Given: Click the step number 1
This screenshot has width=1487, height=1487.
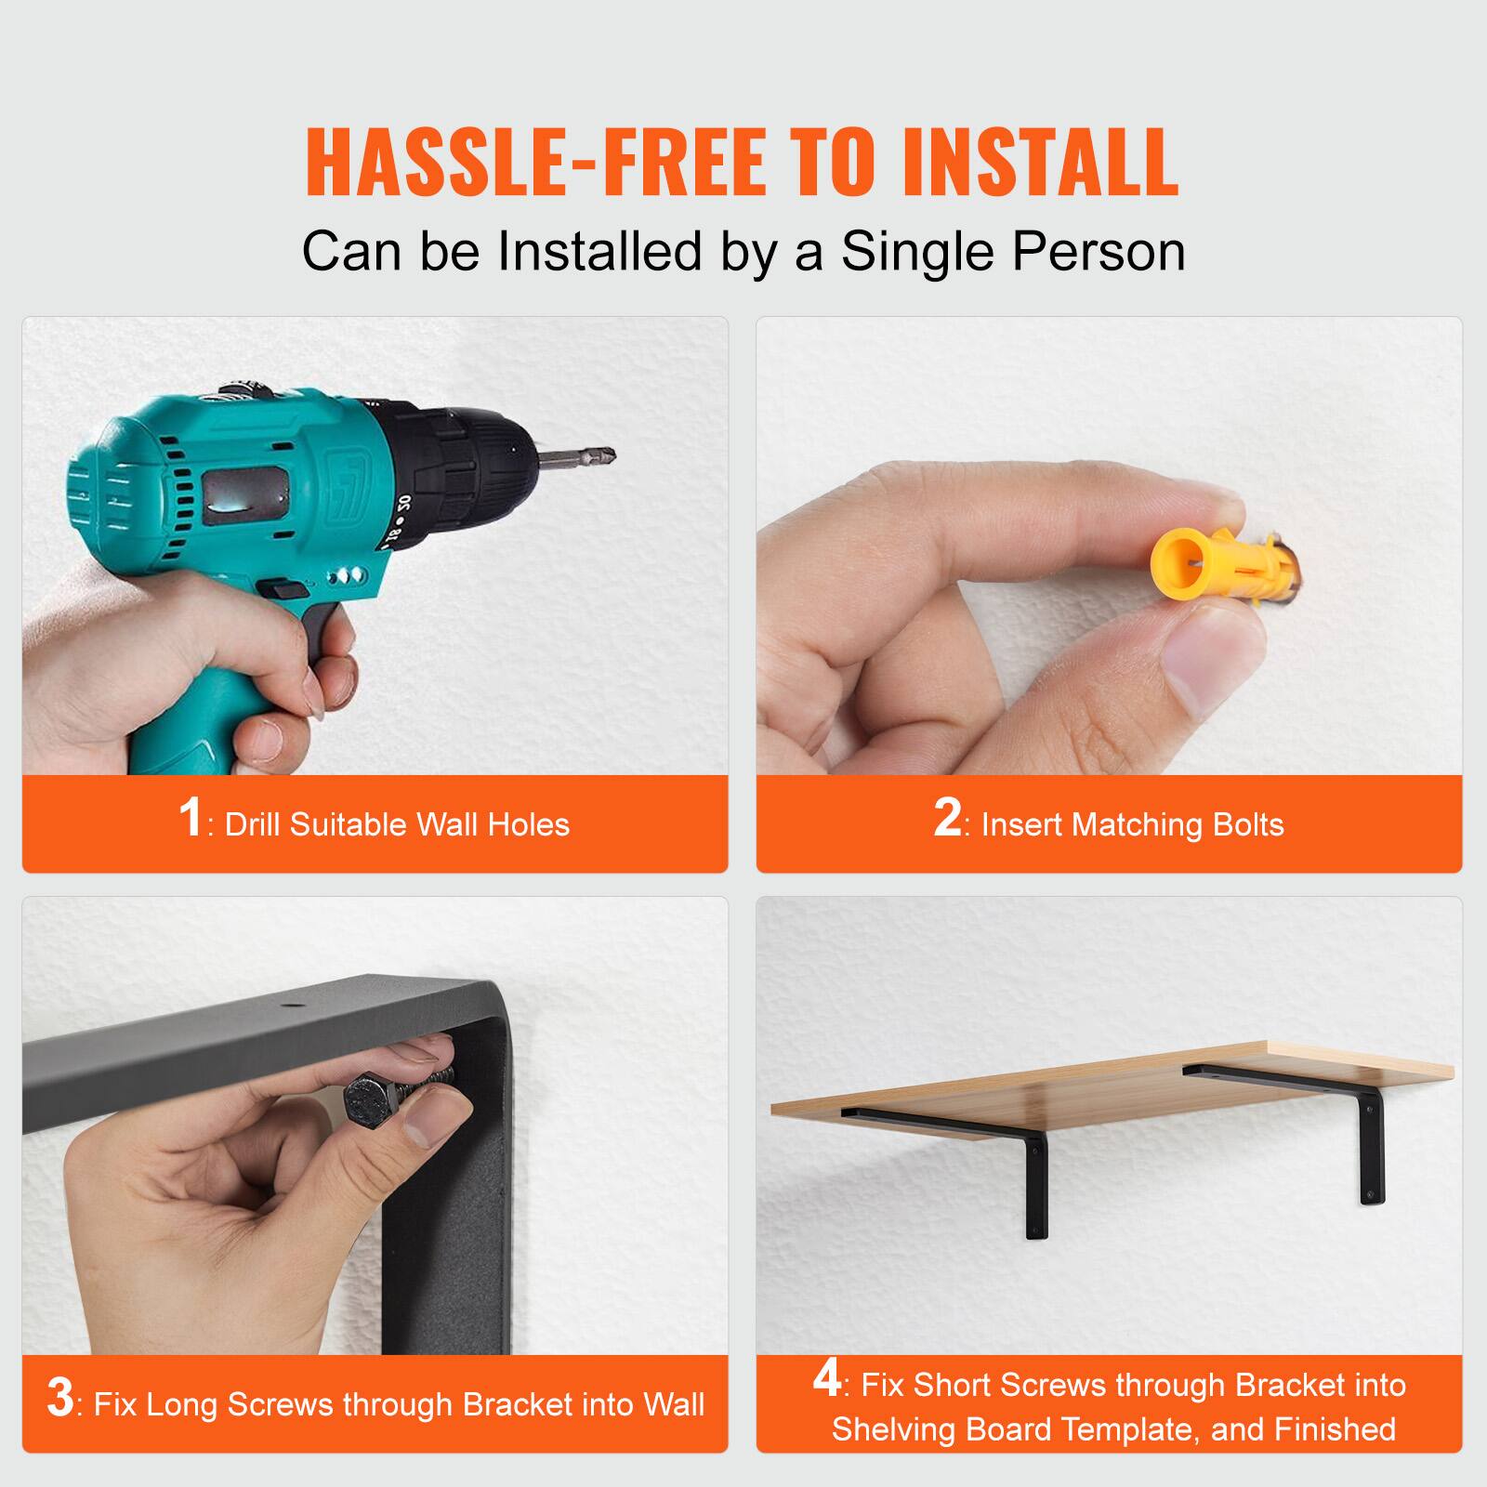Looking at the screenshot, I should click(190, 818).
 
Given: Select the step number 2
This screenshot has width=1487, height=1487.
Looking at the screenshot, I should click(947, 818).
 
